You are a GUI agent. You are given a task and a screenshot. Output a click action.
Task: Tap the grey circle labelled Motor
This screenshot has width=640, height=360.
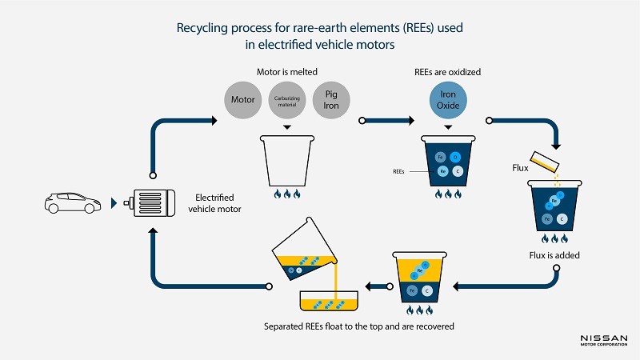[243, 100]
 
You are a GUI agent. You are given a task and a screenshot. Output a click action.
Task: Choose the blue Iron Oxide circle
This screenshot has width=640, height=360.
[448, 98]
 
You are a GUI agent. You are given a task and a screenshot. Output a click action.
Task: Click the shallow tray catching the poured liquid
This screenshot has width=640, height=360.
[328, 302]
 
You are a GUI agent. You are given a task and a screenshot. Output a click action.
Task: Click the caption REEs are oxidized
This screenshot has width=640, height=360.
[448, 71]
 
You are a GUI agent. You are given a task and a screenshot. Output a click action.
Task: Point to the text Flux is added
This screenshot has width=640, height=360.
[554, 255]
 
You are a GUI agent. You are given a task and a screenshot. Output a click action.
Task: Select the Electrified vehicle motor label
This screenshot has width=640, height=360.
[218, 203]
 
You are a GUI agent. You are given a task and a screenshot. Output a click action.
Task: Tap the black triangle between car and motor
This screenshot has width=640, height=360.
[112, 204]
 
